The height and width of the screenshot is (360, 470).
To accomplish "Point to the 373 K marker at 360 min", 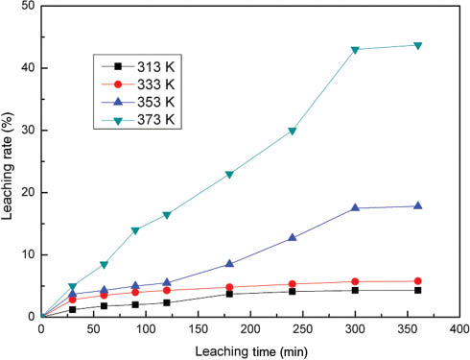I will coord(417,45).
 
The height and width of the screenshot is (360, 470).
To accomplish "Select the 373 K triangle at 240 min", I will coord(293,131).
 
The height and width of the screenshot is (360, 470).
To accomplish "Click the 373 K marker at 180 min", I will coord(230,174).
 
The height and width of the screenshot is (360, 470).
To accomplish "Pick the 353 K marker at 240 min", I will coord(293,237).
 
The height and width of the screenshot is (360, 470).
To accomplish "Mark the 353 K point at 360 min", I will coord(417,205).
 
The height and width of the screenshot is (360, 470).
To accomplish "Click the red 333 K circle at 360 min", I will coord(417,281).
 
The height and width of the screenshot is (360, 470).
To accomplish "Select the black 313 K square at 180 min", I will coord(230,294).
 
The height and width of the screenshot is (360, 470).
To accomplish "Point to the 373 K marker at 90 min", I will coord(135,230).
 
